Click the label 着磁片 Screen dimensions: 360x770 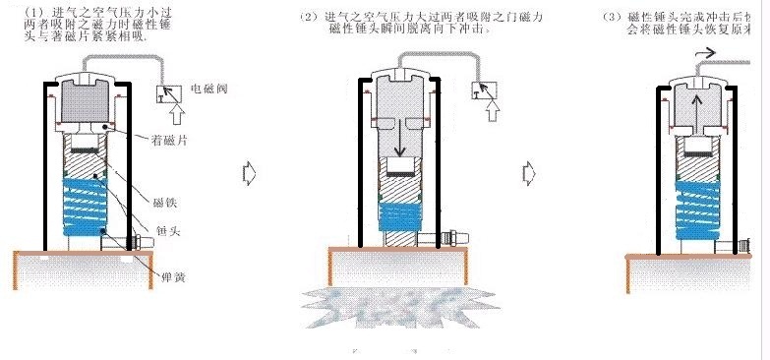point(172,141)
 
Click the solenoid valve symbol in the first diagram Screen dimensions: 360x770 point(168,94)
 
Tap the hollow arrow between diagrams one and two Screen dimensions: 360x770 point(249,173)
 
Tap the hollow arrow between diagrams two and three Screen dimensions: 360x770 point(530,173)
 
